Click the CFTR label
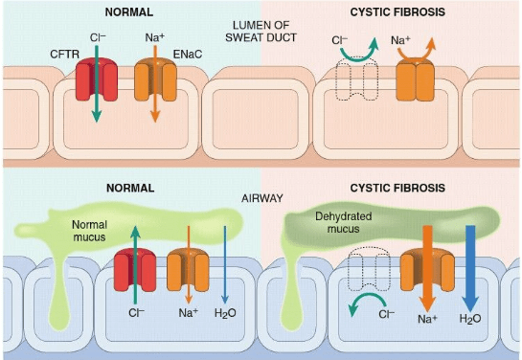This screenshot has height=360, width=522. tap(64, 54)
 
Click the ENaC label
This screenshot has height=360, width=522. tap(188, 54)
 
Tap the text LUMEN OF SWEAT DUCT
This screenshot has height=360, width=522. tap(261, 32)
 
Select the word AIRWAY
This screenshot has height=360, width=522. tap(262, 198)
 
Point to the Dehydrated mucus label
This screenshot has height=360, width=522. tap(343, 222)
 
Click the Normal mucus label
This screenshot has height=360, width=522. tap(89, 231)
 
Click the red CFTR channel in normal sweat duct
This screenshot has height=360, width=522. tap(97, 79)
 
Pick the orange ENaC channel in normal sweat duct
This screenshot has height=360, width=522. tap(155, 79)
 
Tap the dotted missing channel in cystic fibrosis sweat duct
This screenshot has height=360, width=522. tap(357, 79)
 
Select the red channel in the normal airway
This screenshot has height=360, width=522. tap(135, 269)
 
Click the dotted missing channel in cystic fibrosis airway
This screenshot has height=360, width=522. tap(369, 268)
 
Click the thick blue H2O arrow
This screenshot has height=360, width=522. tap(470, 268)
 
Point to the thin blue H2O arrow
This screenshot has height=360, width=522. tap(225, 265)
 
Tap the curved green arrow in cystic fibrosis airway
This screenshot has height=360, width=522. tap(364, 300)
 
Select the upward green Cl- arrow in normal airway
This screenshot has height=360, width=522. tap(135, 265)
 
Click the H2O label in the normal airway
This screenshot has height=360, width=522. tap(225, 313)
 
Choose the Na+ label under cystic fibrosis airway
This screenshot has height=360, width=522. tap(427, 319)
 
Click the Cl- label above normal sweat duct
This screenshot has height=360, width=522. tap(98, 37)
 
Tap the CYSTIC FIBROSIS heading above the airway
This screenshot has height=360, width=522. tap(397, 188)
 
